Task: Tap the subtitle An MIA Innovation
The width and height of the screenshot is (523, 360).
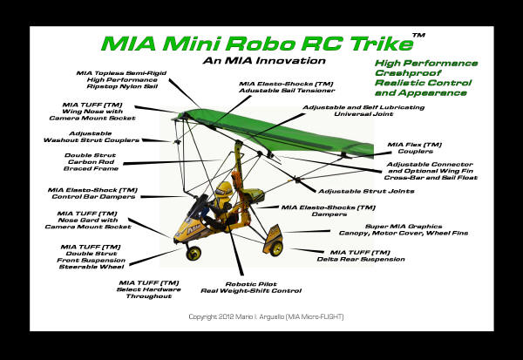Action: [x=264, y=61]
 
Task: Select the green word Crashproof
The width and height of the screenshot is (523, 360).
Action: [x=408, y=73]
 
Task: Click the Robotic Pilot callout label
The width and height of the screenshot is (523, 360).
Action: [x=251, y=288]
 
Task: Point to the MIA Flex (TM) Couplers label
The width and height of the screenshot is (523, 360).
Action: [x=415, y=148]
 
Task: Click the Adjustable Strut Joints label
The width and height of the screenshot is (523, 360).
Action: [x=366, y=191]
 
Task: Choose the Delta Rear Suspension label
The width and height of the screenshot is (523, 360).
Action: [x=361, y=256]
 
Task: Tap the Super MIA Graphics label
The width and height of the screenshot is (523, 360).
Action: [x=404, y=229]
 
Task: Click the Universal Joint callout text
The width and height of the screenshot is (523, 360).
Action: [x=363, y=111]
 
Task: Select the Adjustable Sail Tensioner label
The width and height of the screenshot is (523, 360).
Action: [x=287, y=87]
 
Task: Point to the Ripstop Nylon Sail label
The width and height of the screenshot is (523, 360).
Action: [x=121, y=79]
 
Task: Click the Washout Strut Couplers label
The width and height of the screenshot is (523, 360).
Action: [x=91, y=137]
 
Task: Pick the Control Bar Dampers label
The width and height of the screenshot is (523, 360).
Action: [x=92, y=194]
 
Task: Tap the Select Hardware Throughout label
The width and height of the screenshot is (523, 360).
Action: [x=149, y=289]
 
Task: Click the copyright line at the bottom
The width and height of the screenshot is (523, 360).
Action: [x=266, y=316]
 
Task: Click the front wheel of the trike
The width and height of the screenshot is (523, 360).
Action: [x=194, y=254]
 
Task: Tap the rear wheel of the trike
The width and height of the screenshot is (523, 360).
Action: [x=276, y=248]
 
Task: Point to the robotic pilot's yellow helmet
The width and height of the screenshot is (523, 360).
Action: [x=224, y=189]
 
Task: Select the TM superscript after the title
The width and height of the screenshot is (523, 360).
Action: [x=418, y=35]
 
